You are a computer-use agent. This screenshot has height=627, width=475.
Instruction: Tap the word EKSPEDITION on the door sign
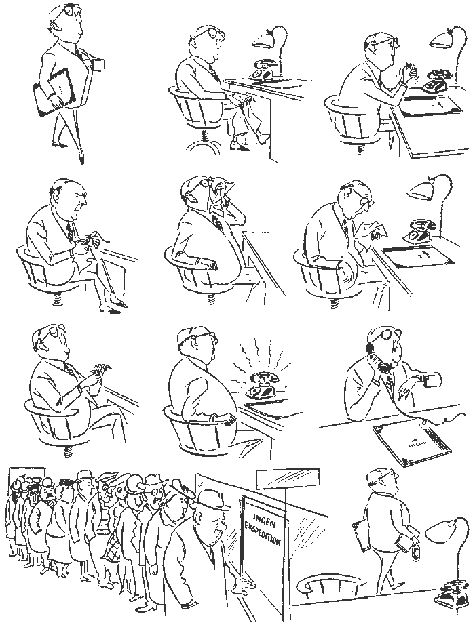(262, 532)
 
